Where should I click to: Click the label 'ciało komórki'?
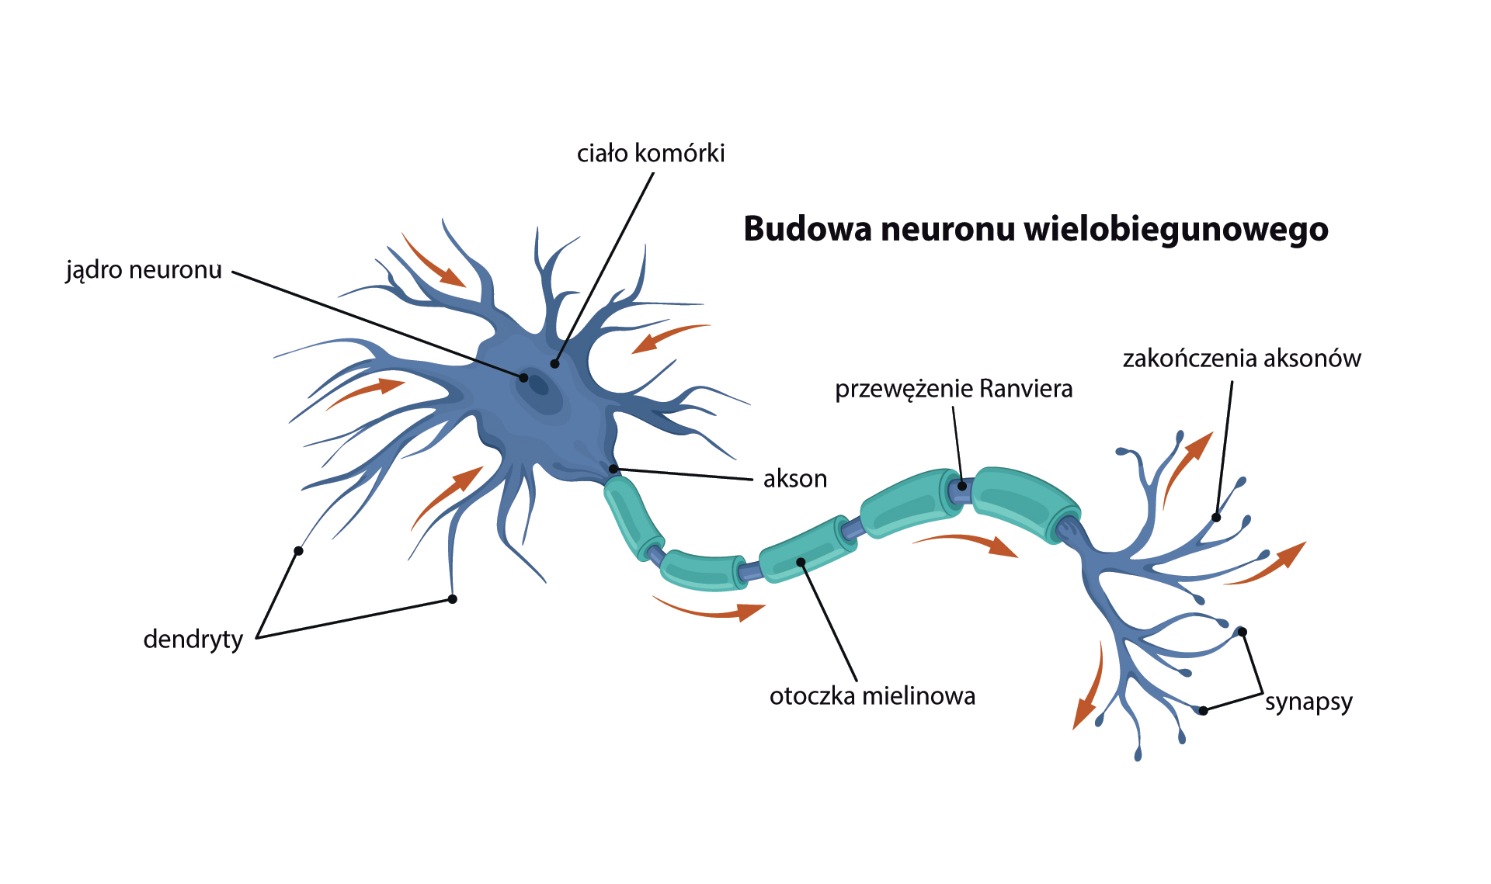651,154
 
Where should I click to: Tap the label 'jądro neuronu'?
144,270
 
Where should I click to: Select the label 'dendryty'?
193,640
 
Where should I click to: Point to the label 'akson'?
794,479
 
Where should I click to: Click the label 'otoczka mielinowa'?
872,696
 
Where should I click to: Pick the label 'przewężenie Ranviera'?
954,389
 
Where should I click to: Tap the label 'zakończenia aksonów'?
1242,359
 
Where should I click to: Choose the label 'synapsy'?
1309,702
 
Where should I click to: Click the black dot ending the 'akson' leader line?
613,469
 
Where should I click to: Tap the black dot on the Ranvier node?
962,486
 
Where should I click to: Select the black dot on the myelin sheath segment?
801,562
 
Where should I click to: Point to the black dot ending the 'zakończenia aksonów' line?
1216,518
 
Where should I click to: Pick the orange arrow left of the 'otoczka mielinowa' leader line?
711,610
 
